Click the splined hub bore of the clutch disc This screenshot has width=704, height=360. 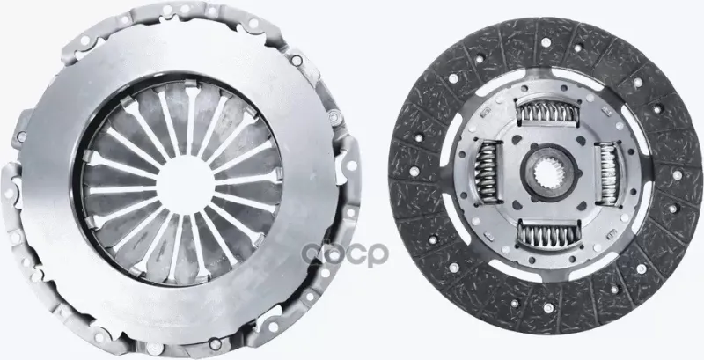tap(548, 173)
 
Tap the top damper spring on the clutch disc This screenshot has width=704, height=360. tap(547, 112)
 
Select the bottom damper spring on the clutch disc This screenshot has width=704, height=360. tap(548, 234)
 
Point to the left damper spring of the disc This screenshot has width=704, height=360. tap(487, 172)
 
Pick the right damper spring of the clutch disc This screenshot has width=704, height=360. tap(608, 173)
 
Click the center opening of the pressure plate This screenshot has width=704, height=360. tap(185, 184)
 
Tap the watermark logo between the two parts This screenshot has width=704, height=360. tap(345, 254)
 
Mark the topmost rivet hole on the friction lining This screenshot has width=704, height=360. tap(546, 42)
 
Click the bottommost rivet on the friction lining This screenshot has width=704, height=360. tap(548, 308)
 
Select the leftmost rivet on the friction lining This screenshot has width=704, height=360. tap(414, 171)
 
